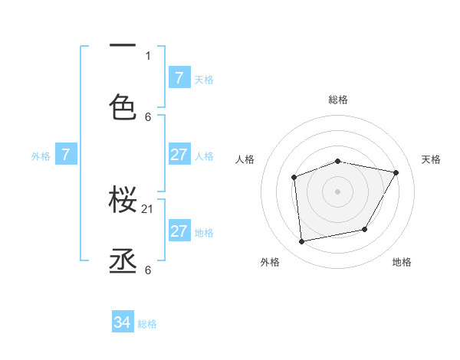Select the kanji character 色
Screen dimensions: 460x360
tap(123, 106)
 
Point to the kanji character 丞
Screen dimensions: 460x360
tap(123, 261)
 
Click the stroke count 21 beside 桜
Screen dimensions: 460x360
tap(148, 209)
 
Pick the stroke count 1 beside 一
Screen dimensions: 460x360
tap(148, 55)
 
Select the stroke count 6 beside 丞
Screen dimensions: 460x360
tap(148, 270)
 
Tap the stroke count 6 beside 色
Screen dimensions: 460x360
tap(148, 116)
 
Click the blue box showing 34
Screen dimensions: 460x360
tap(123, 322)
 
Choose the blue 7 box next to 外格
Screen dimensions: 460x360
tap(66, 155)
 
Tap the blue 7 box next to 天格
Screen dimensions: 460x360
tap(179, 77)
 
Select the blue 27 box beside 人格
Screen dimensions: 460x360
tap(179, 155)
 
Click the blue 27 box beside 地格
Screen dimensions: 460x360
tap(179, 231)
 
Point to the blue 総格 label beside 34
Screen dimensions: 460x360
tap(147, 324)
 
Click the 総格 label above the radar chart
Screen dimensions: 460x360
tap(338, 100)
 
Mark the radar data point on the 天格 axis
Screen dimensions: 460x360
tap(396, 172)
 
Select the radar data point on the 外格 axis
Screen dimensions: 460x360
tap(302, 241)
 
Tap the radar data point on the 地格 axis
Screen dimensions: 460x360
tap(365, 229)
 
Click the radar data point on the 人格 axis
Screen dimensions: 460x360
tap(294, 178)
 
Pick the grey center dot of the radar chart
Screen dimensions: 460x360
tap(338, 191)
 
